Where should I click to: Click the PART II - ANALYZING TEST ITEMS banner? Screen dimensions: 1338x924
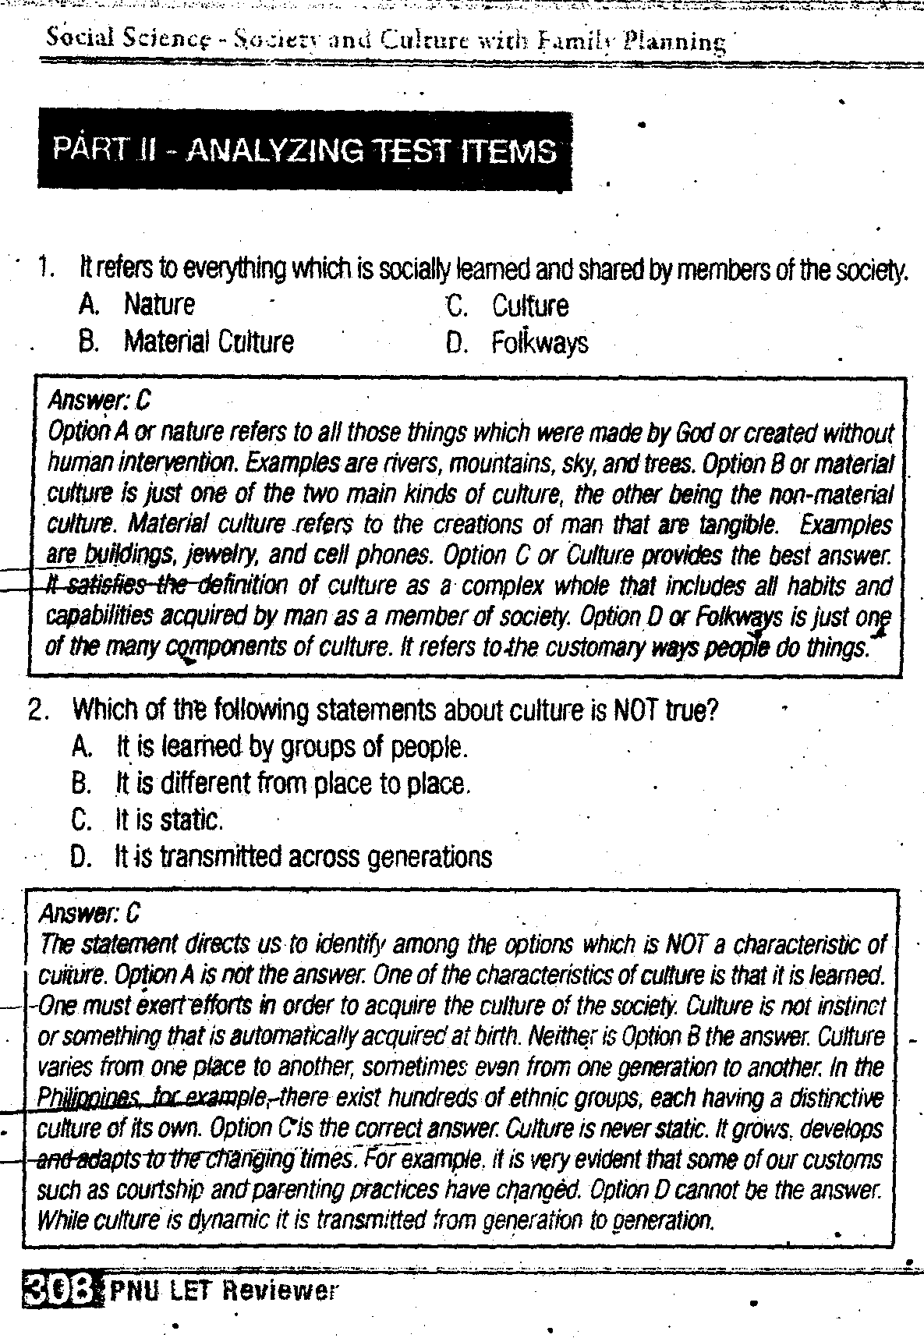(304, 150)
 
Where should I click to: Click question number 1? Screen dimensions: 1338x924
(45, 268)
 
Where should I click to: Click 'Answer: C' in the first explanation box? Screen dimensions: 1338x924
(99, 401)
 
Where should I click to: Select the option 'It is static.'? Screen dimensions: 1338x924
(169, 819)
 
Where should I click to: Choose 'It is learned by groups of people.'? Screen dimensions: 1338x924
(291, 747)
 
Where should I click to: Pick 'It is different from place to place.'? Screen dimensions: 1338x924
(292, 783)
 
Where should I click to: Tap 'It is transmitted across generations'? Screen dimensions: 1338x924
(303, 857)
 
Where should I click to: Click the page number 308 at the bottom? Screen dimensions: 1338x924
(60, 1290)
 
